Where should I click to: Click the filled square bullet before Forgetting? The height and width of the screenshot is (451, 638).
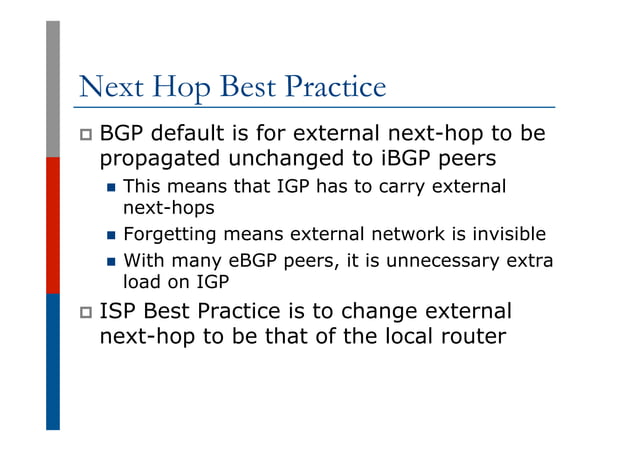(x=111, y=236)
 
